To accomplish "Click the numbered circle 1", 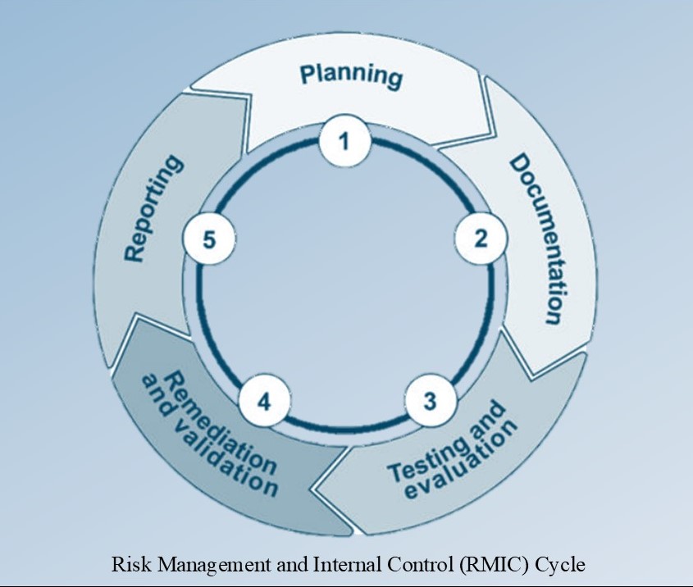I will [345, 141].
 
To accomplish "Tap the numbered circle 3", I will [430, 402].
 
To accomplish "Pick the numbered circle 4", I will [263, 402].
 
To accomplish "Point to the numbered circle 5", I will [209, 239].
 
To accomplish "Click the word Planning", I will [351, 75].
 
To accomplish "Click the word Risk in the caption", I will [125, 565].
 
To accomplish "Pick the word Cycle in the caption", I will [566, 565].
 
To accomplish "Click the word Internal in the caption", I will [321, 565].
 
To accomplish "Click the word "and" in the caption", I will [268, 565].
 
